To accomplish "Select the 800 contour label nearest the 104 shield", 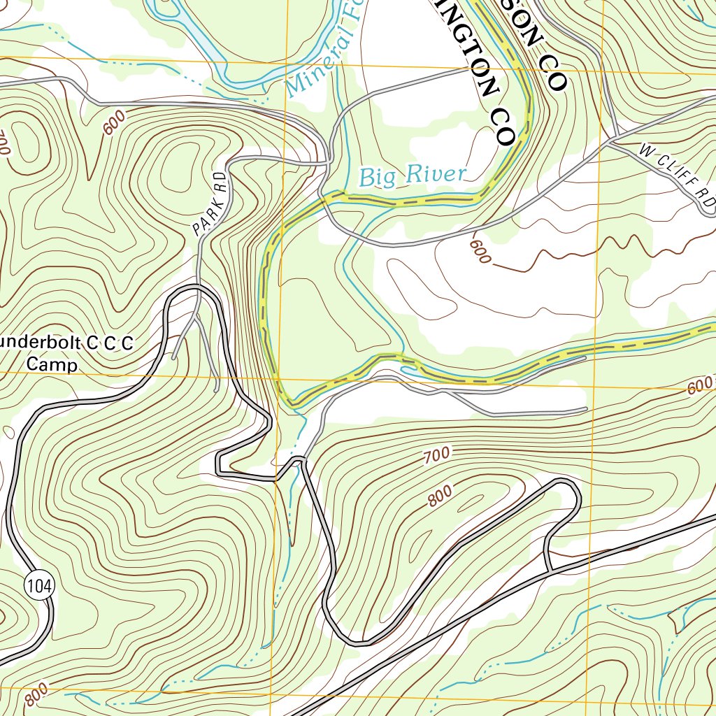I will (x=36, y=696).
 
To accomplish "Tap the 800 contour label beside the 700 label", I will (x=440, y=496).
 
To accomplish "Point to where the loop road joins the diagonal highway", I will (x=550, y=572).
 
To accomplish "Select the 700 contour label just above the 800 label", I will (x=436, y=457).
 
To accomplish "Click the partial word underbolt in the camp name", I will (x=35, y=343).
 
